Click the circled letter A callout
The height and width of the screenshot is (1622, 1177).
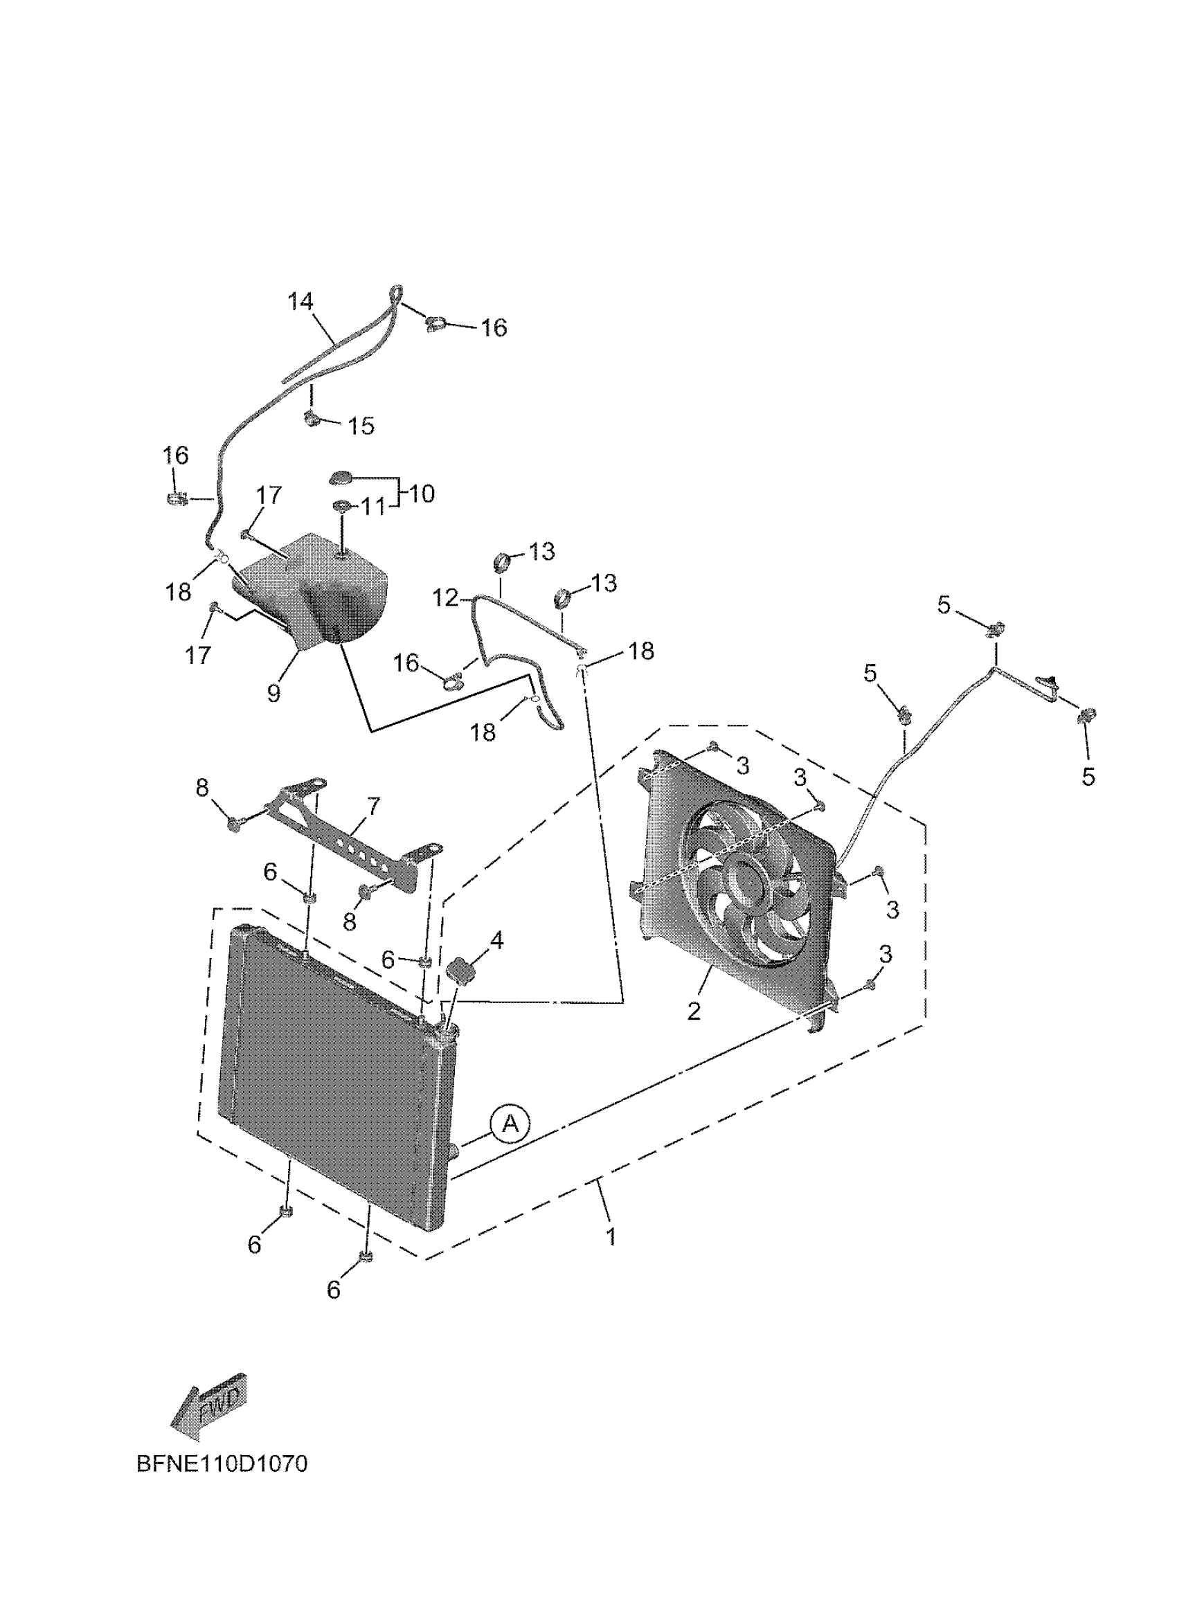tap(509, 1124)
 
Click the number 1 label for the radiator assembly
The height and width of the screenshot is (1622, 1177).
tap(611, 1236)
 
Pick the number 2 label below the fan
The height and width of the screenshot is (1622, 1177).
tap(694, 1011)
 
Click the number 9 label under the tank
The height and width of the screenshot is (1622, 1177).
tap(274, 692)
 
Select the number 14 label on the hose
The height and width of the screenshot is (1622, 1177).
tap(301, 302)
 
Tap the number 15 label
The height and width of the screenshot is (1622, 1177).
tap(361, 426)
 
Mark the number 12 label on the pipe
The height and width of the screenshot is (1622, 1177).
tap(444, 597)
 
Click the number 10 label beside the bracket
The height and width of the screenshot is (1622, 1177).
tap(421, 494)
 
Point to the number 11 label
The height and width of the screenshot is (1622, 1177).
tap(372, 507)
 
